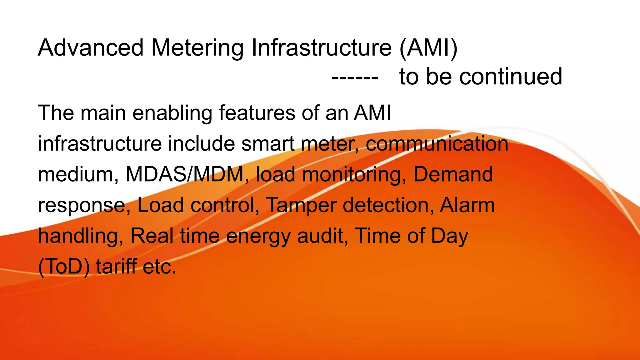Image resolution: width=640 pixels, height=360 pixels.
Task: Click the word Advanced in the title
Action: (x=91, y=48)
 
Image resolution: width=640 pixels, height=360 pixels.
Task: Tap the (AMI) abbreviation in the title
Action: (x=428, y=48)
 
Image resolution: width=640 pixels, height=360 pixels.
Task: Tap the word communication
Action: (x=437, y=144)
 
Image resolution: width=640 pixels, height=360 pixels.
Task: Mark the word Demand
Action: (x=453, y=174)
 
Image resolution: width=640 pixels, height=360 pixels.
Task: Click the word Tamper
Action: (x=301, y=205)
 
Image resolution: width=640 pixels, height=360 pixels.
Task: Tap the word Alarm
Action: (x=467, y=205)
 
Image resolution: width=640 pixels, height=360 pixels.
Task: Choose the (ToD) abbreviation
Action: (x=64, y=267)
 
